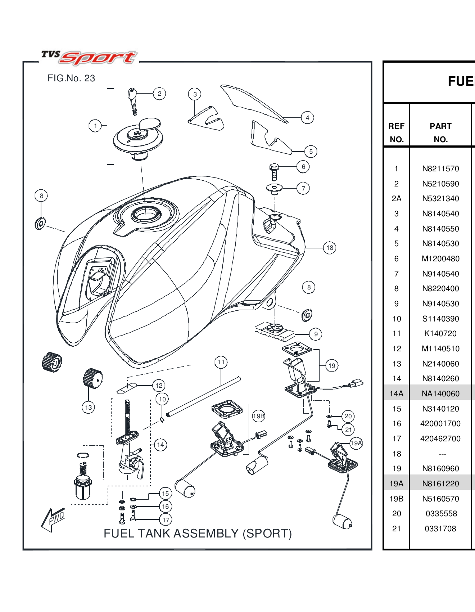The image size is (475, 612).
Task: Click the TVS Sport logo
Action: coord(89,58)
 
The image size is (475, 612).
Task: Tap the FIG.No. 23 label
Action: coord(71,78)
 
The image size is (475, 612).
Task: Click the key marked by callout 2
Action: coord(132,101)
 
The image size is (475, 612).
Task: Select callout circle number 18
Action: coord(330,248)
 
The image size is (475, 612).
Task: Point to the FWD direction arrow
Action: coord(54,519)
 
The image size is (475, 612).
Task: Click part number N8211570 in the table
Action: coord(440,168)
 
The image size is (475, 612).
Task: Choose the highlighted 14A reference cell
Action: coord(396,393)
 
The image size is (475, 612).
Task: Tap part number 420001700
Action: coord(440,423)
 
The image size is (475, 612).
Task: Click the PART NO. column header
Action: coord(440,132)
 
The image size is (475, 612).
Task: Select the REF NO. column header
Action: coord(396,132)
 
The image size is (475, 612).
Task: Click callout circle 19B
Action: coord(258,416)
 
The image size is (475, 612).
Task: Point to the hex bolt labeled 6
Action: coord(274,172)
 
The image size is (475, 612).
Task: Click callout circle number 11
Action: coord(221,362)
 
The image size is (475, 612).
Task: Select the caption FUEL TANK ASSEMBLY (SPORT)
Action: coord(198,533)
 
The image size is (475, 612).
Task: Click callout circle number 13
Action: coord(89,408)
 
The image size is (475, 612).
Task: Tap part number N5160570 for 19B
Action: coord(440,499)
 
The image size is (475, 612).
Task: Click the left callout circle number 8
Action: coord(41,196)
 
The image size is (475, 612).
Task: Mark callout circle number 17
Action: coord(166,520)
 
